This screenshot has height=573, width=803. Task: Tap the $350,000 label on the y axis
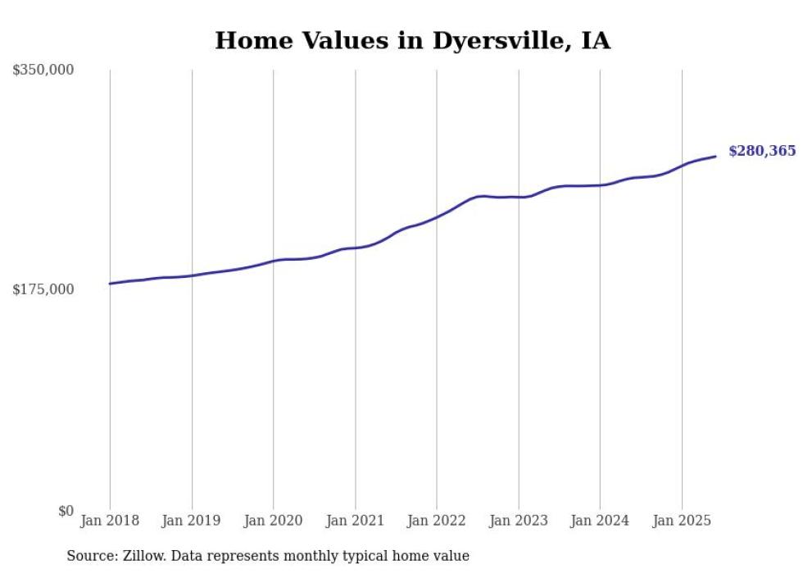pyautogui.click(x=43, y=70)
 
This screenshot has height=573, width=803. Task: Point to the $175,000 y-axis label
pyautogui.click(x=43, y=289)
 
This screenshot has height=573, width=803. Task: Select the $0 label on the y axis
pyautogui.click(x=66, y=511)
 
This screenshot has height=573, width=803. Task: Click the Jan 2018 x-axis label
pyautogui.click(x=110, y=521)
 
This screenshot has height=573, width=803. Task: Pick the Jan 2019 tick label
pyautogui.click(x=192, y=521)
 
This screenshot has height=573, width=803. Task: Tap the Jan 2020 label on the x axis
pyautogui.click(x=273, y=521)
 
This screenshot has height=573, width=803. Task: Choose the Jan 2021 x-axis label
pyautogui.click(x=355, y=521)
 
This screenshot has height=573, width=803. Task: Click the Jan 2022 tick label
pyautogui.click(x=437, y=521)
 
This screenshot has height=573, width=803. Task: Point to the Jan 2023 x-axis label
pyautogui.click(x=518, y=521)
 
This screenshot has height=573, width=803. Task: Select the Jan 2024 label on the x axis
pyautogui.click(x=600, y=521)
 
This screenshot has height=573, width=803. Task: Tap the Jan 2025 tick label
pyautogui.click(x=682, y=521)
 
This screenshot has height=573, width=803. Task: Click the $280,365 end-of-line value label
pyautogui.click(x=761, y=151)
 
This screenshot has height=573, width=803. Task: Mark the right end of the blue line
pyautogui.click(x=715, y=156)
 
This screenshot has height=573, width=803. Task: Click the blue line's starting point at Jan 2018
pyautogui.click(x=110, y=284)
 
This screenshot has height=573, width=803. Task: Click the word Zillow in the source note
pyautogui.click(x=143, y=556)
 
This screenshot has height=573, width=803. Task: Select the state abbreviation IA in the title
pyautogui.click(x=596, y=41)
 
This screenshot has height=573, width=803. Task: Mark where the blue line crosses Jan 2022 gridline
pyautogui.click(x=437, y=217)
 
